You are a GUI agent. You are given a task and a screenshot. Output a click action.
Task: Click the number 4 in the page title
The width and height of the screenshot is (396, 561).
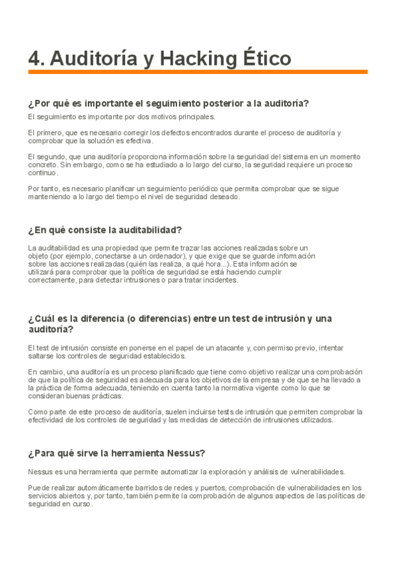(x=34, y=59)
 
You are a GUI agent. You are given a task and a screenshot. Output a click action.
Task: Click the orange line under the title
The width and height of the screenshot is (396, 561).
(x=198, y=72)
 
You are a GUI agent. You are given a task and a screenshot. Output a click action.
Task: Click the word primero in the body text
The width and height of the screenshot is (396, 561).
(x=54, y=132)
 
